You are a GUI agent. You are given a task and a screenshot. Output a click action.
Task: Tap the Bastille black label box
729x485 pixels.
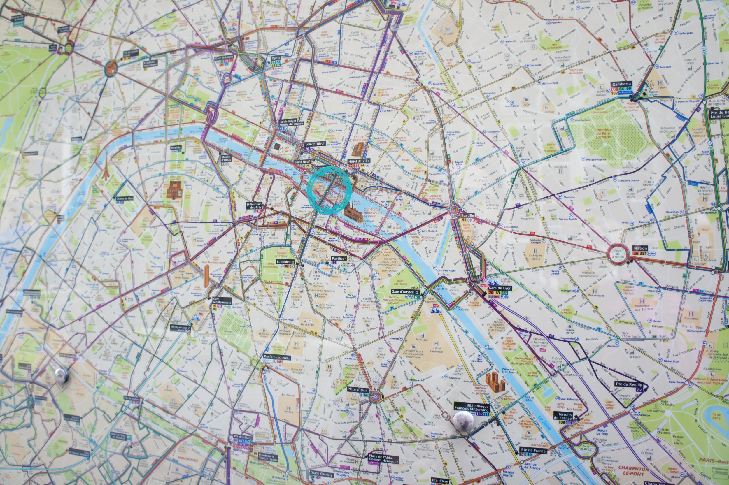(x=467, y=215)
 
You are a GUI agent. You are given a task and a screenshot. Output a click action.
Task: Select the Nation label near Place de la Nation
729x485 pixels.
(x=640, y=248)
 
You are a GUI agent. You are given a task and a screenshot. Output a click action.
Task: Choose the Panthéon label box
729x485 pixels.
(x=339, y=258)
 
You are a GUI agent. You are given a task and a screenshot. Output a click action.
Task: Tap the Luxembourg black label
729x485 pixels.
(x=285, y=262)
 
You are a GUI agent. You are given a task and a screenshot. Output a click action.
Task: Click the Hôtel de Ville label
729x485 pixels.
(x=359, y=161)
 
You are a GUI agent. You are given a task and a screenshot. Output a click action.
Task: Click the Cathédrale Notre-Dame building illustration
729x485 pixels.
(x=353, y=213)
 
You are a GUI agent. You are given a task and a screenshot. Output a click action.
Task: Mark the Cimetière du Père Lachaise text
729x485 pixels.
(x=603, y=133)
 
